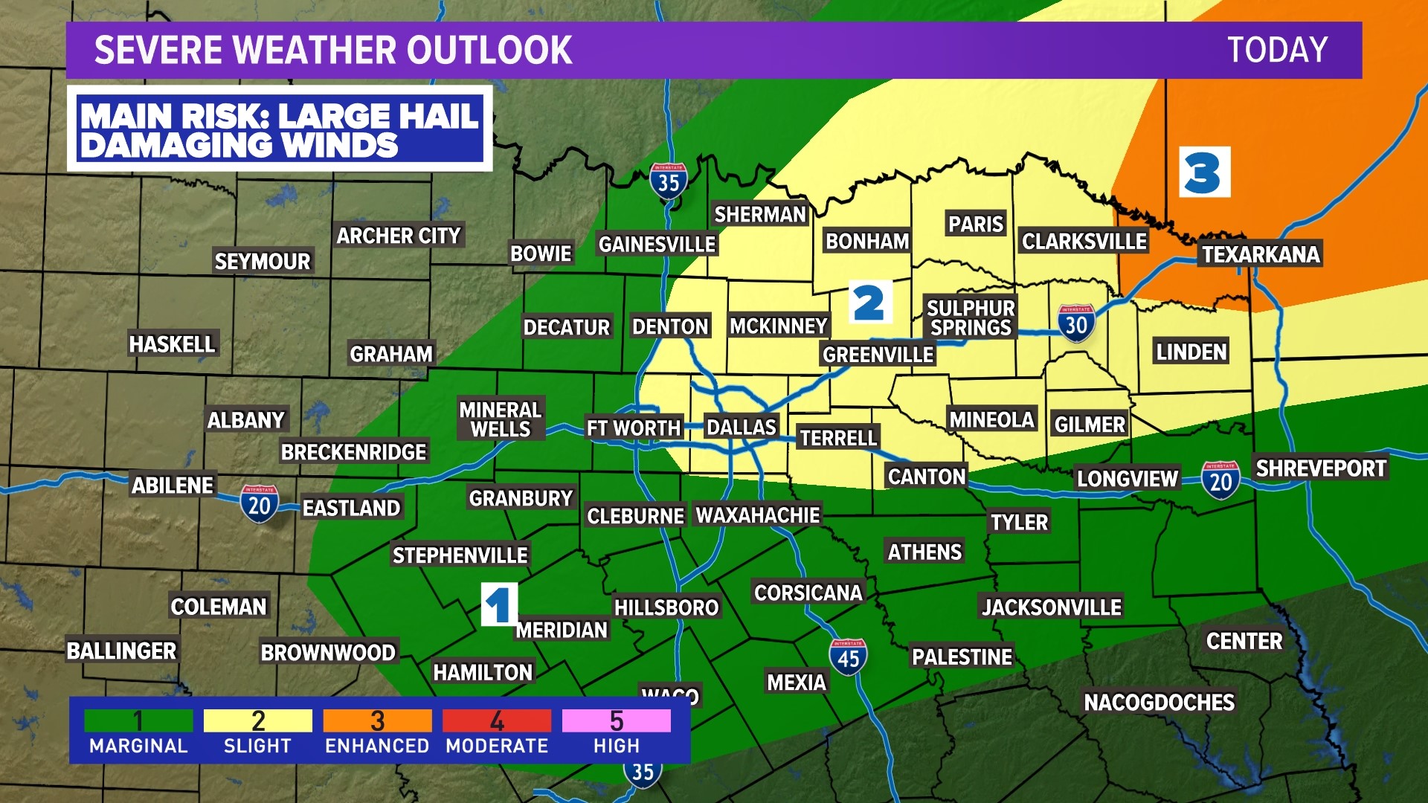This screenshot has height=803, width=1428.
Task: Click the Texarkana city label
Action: coord(1261,254)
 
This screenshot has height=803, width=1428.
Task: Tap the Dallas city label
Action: coord(741,427)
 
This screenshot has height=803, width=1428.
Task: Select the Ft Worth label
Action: coord(634,428)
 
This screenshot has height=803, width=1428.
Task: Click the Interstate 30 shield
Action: coord(1076,323)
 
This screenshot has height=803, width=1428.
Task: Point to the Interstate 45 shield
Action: coord(848,657)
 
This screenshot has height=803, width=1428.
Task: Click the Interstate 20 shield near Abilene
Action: coord(259,505)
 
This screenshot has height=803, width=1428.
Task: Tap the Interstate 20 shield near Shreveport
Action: coord(1220,481)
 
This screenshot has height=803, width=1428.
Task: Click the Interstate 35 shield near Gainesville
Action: coord(668,181)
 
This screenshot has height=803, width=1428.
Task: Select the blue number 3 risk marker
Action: coord(1204,172)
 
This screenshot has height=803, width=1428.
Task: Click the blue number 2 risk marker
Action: coord(869,303)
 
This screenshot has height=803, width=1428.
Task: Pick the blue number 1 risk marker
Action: coord(499,604)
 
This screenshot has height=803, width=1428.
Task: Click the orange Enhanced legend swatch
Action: coord(377,720)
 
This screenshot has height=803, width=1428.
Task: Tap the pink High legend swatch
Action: coord(616,720)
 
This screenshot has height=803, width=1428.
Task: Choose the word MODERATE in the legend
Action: coord(497,746)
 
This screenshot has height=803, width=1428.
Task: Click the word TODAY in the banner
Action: coord(1277,51)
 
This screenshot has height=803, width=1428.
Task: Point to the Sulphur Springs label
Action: coord(971,317)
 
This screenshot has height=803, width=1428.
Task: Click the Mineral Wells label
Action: coord(500,419)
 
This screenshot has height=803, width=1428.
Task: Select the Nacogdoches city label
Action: coord(1159,702)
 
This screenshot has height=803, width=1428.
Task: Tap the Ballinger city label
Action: coord(121,651)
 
